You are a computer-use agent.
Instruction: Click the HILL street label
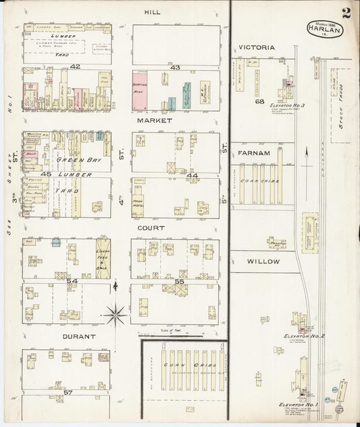(151, 12)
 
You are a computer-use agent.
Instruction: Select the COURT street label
(151, 228)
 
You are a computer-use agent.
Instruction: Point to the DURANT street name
(79, 336)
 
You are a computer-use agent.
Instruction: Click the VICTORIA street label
(256, 48)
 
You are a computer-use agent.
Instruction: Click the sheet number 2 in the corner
(346, 12)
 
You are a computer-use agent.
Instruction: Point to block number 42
(74, 66)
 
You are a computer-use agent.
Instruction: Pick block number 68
(259, 102)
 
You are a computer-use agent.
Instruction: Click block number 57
(68, 392)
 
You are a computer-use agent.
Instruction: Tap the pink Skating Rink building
(141, 91)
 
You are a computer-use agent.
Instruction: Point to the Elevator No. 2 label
(305, 336)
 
